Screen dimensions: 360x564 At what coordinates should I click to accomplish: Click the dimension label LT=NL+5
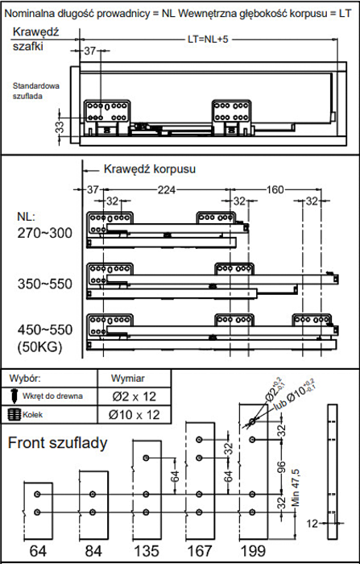click(208, 39)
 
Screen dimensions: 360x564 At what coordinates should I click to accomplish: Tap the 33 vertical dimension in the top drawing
click(60, 127)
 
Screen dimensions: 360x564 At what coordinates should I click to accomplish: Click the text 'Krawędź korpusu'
click(150, 169)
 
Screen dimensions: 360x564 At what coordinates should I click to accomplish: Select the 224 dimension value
click(167, 189)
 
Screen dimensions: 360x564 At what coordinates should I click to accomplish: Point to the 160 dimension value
click(275, 189)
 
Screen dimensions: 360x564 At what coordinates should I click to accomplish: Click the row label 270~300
click(45, 233)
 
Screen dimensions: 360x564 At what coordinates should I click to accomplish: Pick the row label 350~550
click(45, 284)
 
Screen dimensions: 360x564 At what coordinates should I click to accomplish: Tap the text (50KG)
click(39, 347)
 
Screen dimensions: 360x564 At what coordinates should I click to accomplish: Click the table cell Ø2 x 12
click(134, 396)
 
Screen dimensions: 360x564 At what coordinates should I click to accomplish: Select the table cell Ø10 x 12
click(134, 415)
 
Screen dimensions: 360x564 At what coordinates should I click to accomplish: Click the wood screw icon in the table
click(14, 396)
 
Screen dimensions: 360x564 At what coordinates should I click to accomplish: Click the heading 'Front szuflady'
click(57, 443)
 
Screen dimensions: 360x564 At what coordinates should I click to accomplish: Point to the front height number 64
click(38, 551)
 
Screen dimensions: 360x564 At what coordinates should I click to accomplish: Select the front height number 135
click(147, 551)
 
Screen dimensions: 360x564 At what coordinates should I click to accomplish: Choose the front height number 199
click(253, 551)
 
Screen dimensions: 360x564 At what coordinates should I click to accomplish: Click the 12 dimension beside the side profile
click(313, 524)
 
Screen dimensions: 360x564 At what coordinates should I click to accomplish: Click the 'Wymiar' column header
click(128, 379)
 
